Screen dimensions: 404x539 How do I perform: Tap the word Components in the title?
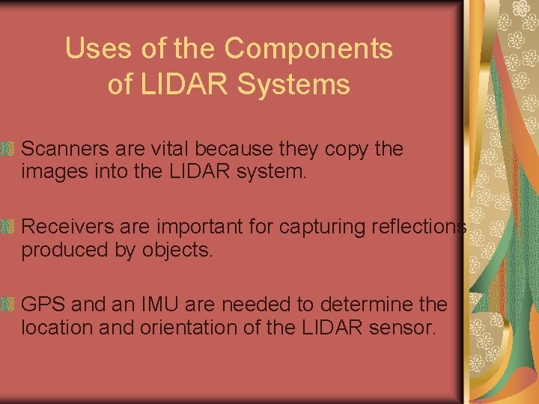(x=308, y=49)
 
